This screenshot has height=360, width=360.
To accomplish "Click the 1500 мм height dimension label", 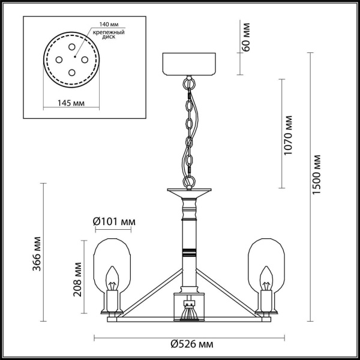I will (319, 174).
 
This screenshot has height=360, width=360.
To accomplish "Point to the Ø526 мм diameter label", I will (191, 344).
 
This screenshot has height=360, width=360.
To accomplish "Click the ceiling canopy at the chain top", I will (189, 64).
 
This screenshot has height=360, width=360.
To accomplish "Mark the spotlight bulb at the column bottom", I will (189, 313).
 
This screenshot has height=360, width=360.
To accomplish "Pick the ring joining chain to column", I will (189, 180).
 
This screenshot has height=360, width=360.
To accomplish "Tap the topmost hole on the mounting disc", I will (71, 46).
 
